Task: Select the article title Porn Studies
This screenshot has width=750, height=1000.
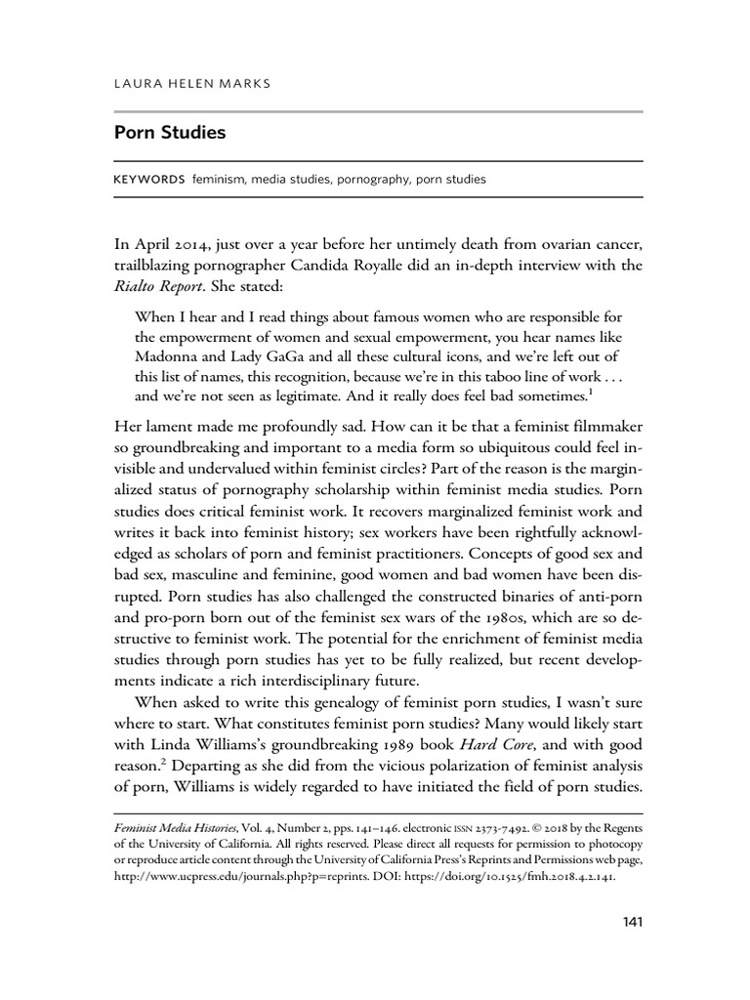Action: tap(170, 132)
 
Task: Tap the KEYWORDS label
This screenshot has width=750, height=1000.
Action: tap(149, 180)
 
